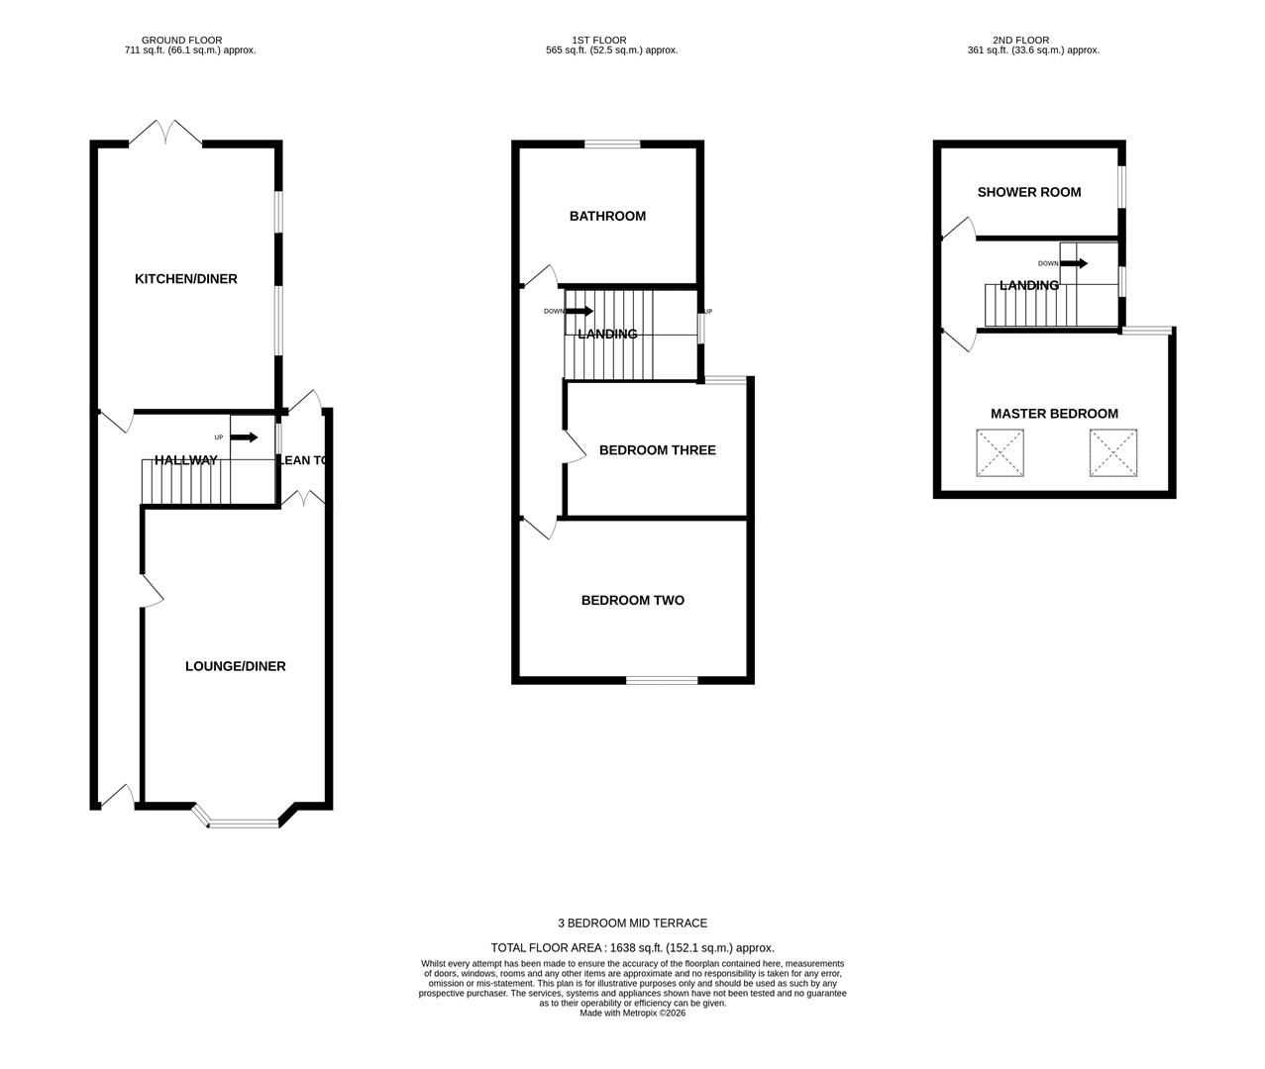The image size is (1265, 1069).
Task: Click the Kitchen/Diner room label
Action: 185,279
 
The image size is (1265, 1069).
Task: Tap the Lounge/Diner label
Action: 236,666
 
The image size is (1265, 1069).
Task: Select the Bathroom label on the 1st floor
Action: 607,216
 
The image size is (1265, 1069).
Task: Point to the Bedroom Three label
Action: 658,450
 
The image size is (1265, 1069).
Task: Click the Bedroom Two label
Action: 633,600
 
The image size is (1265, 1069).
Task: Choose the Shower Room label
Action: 1029,192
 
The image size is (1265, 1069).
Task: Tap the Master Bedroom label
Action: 1054,414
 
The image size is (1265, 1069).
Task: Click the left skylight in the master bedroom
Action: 1000,452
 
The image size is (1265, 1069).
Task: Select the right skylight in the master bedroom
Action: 1113,452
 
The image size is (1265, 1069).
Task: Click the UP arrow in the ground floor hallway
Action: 244,437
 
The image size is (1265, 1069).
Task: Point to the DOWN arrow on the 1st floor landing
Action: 579,311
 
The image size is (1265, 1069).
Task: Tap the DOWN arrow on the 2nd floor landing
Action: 1074,263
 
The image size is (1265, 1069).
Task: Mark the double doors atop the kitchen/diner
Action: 165,133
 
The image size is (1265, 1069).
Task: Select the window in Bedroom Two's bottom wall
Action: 662,680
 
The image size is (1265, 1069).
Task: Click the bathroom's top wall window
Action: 612,145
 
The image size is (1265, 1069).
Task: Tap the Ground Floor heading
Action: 181,41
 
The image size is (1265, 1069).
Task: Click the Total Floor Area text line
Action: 632,948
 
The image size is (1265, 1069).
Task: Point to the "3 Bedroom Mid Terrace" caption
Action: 632,923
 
